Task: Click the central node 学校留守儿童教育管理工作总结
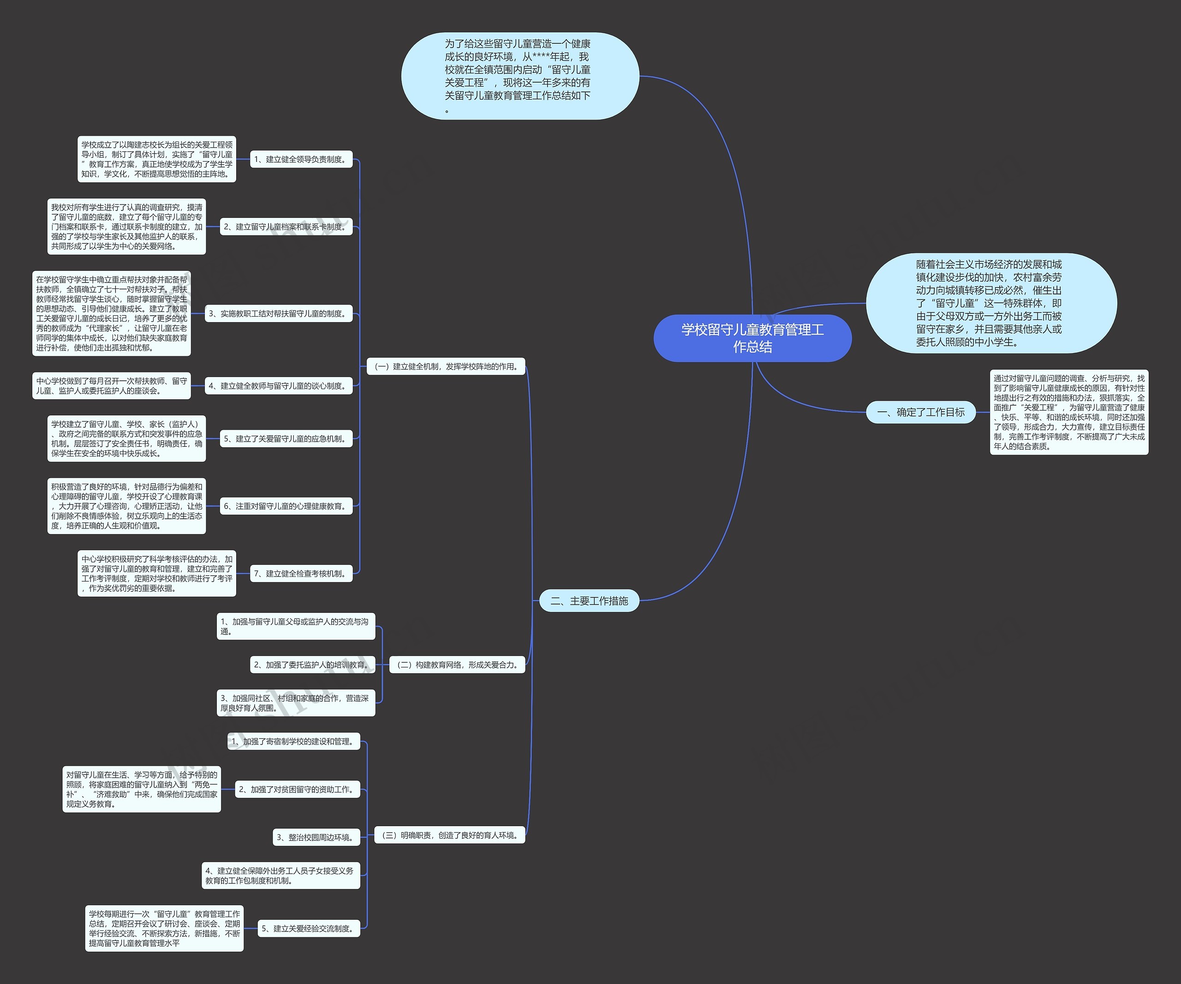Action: coord(752,338)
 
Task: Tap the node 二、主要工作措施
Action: coord(590,601)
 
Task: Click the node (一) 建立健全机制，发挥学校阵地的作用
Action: coord(446,367)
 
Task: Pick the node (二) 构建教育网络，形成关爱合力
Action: coord(457,665)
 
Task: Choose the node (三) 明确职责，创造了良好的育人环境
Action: coord(450,835)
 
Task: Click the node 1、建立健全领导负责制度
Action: coord(301,159)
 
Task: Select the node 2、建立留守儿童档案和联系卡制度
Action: coord(286,227)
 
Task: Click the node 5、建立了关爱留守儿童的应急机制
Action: coord(286,439)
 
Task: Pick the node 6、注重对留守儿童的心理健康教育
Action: coord(286,506)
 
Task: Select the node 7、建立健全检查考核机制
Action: coord(301,574)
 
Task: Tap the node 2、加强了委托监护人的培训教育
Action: coord(313,665)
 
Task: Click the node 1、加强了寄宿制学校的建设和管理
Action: coord(293,742)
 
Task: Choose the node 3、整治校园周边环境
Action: coord(316,837)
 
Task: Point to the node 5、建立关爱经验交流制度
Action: coord(309,928)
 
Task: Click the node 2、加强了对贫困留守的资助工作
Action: coord(298,789)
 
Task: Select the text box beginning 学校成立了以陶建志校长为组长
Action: coord(157,159)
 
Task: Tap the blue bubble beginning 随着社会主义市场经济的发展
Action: coord(991,303)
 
